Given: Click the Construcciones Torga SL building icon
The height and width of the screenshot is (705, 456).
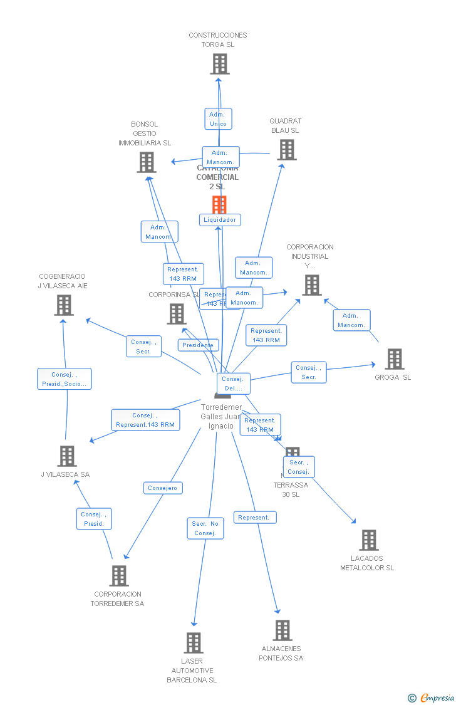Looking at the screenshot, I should click(x=219, y=64).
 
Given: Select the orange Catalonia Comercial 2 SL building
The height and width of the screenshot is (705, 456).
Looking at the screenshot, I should click(x=219, y=204).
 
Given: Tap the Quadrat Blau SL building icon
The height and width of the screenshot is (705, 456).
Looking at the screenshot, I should click(x=287, y=150).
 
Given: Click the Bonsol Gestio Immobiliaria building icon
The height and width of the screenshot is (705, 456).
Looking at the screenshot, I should click(x=146, y=162).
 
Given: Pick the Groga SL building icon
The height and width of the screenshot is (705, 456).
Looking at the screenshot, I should click(x=394, y=359).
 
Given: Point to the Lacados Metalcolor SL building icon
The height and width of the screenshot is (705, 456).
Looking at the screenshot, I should click(x=368, y=540).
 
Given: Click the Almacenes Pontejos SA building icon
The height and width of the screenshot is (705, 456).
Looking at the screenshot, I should click(x=282, y=630).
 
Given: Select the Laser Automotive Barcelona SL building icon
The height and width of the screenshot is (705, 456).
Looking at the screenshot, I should click(x=193, y=642).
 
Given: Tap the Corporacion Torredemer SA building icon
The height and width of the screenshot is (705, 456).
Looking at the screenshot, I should click(x=118, y=575).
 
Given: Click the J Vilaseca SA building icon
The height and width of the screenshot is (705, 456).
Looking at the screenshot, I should click(x=66, y=456).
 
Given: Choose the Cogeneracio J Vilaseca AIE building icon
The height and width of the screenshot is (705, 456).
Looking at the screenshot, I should click(x=63, y=305).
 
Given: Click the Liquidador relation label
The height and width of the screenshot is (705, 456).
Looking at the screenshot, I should click(x=220, y=220).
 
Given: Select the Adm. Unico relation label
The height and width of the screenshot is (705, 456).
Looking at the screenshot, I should click(x=218, y=119).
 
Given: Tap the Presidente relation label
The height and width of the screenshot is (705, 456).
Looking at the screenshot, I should click(x=198, y=345).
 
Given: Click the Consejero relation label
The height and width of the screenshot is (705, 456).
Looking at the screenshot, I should click(x=163, y=488).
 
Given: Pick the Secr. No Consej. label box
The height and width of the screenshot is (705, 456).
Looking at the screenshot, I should click(x=205, y=528).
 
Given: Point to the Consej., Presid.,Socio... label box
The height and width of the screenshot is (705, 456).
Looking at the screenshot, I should click(x=64, y=379).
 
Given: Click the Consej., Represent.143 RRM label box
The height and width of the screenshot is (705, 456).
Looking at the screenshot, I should click(x=145, y=420).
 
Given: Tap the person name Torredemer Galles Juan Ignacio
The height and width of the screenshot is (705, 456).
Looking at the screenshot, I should click(x=221, y=417).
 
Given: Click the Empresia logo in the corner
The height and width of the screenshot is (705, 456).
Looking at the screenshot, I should click(x=432, y=697).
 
